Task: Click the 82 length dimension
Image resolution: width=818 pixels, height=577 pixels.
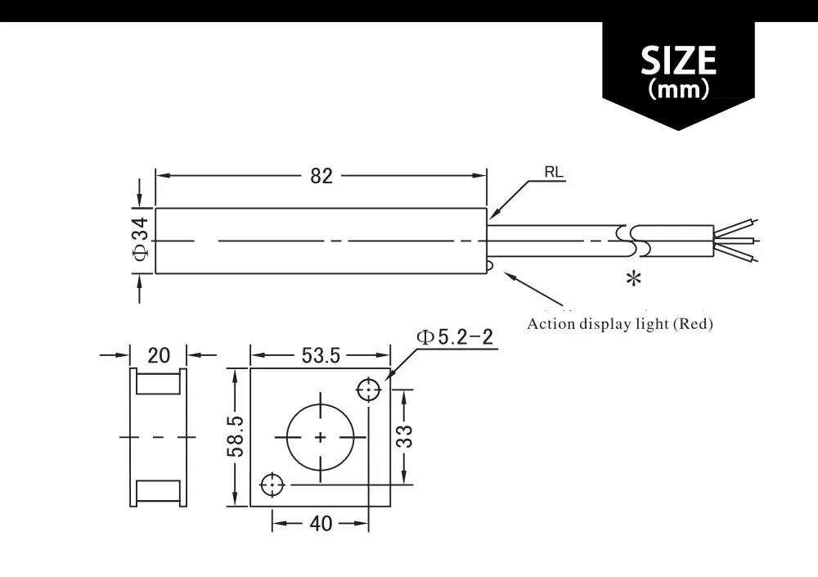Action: coord(322,176)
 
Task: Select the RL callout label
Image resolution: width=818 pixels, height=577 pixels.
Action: coord(554,174)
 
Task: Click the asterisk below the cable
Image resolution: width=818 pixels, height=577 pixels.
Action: coord(633,279)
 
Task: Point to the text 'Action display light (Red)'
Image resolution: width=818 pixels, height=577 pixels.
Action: coord(620,324)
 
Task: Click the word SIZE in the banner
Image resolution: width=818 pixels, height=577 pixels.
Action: coord(678,61)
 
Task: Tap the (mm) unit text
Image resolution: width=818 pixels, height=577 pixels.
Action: coord(678,89)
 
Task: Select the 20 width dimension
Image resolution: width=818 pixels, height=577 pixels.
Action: coord(159,355)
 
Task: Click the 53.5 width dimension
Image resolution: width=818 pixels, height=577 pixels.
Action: coord(321,355)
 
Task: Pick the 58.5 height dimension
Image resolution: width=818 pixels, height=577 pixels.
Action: coord(236,436)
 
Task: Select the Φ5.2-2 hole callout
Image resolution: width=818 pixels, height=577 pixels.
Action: coord(456,337)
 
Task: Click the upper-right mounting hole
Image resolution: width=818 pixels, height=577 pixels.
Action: coord(370,390)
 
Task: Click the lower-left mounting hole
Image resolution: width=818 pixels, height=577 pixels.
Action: coord(272,485)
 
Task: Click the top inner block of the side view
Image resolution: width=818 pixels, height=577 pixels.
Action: coord(158,382)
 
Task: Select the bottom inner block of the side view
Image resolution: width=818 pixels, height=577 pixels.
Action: coord(158,491)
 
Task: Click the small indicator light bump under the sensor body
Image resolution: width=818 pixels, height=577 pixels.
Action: coord(488,264)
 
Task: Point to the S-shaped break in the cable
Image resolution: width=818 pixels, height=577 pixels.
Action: coord(634,240)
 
